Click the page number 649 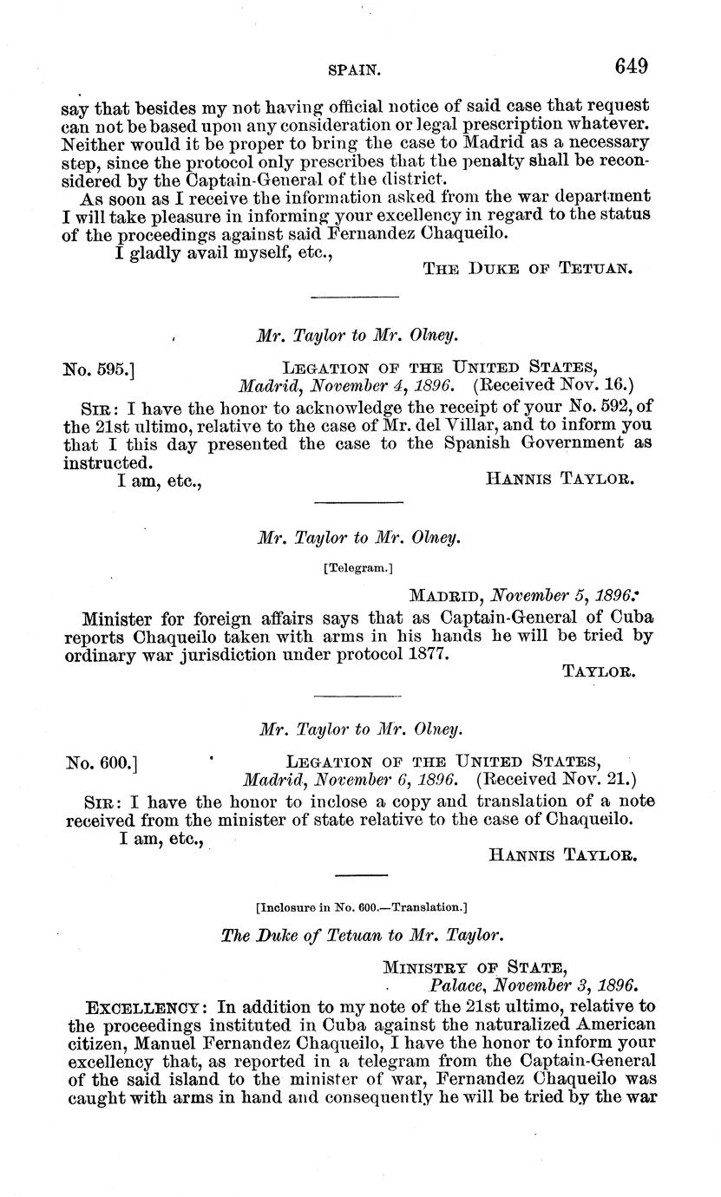(632, 66)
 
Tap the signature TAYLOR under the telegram (600, 671)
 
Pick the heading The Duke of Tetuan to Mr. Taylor (362, 936)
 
